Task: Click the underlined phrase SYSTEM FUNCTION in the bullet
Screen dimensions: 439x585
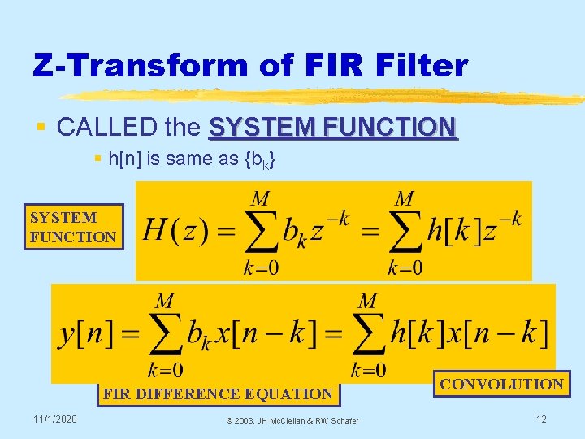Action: tap(333, 128)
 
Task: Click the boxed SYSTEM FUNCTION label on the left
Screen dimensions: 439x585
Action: tap(73, 227)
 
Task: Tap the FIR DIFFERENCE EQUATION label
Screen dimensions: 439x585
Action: tap(217, 394)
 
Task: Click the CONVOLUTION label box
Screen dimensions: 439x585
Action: tap(501, 384)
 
